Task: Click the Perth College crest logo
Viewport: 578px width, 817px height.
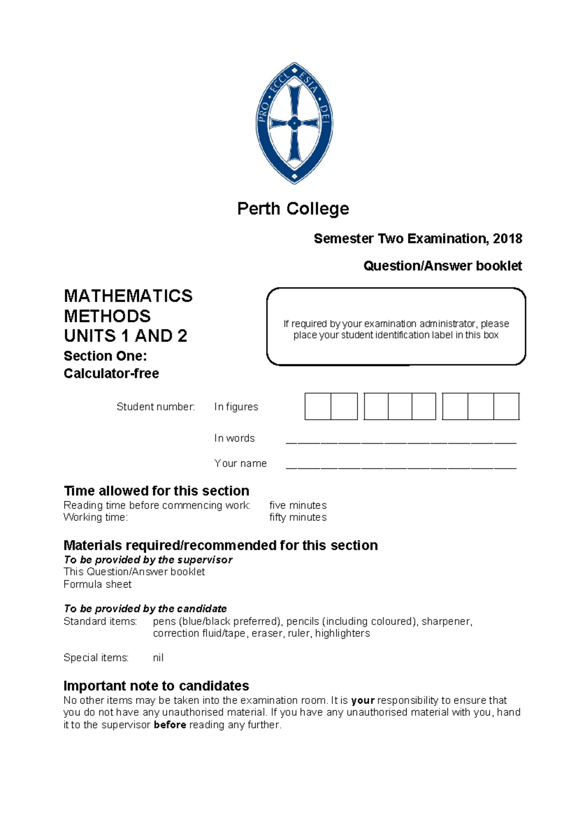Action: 294,123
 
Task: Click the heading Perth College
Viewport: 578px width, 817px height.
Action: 293,209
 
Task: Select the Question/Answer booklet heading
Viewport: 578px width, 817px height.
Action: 442,266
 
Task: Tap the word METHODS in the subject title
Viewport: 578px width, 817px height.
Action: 107,316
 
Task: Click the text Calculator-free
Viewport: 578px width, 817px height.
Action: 111,373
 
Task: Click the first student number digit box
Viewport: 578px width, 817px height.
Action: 318,407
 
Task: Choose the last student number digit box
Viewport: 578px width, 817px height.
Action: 506,407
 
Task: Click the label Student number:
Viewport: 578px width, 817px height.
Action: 156,407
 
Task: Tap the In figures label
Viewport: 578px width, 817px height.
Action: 236,407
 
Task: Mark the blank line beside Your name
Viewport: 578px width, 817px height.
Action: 401,466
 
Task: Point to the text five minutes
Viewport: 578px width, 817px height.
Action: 298,505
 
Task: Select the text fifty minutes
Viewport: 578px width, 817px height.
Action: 298,517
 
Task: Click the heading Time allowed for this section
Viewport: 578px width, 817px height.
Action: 157,491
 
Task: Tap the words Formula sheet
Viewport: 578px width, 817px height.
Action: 97,584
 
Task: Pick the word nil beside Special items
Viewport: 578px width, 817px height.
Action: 158,658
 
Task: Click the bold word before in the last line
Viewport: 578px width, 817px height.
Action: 170,725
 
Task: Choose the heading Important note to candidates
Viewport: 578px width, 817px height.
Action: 156,686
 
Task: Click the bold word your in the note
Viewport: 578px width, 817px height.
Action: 363,700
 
